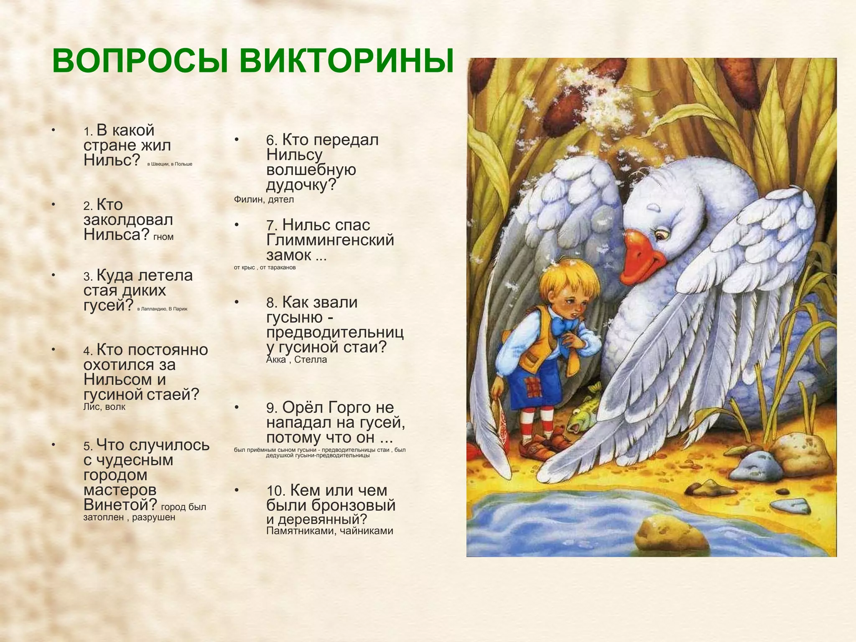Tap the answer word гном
click(163, 237)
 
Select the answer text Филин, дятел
click(264, 199)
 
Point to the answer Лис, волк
click(104, 407)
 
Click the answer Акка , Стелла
click(296, 359)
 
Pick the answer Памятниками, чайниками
click(329, 531)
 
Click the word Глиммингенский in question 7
click(330, 240)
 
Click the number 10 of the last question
click(275, 491)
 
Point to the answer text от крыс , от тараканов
click(265, 267)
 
